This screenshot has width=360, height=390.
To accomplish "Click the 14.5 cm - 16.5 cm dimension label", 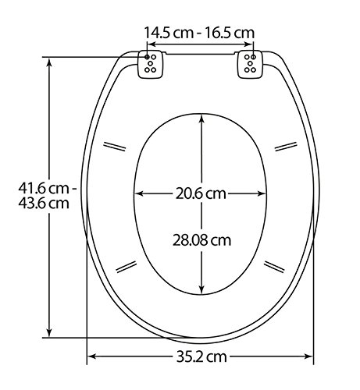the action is pyautogui.click(x=199, y=33).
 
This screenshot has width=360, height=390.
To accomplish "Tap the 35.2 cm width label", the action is pyautogui.click(x=201, y=356).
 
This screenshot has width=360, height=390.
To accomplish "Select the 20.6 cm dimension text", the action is pyautogui.click(x=201, y=193).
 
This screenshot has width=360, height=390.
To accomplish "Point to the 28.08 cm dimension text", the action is pyautogui.click(x=201, y=240).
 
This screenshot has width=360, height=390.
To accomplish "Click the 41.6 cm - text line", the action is pyautogui.click(x=47, y=188).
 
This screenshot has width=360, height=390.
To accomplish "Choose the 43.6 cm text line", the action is pyautogui.click(x=44, y=203).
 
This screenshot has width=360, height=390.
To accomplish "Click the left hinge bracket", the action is pyautogui.click(x=151, y=64).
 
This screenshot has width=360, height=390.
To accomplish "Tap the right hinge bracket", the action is pyautogui.click(x=250, y=64).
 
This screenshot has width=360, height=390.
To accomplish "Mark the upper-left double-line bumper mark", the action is pyautogui.click(x=115, y=147).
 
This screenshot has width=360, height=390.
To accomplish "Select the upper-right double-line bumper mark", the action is pyautogui.click(x=286, y=146).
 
